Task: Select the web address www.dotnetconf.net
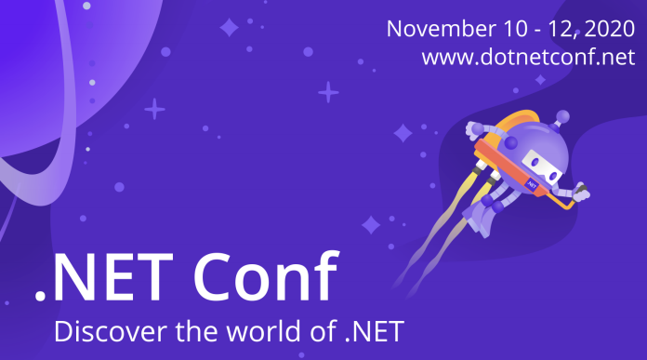[528, 57]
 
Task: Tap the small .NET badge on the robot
[532, 185]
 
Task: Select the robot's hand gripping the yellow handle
[580, 194]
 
